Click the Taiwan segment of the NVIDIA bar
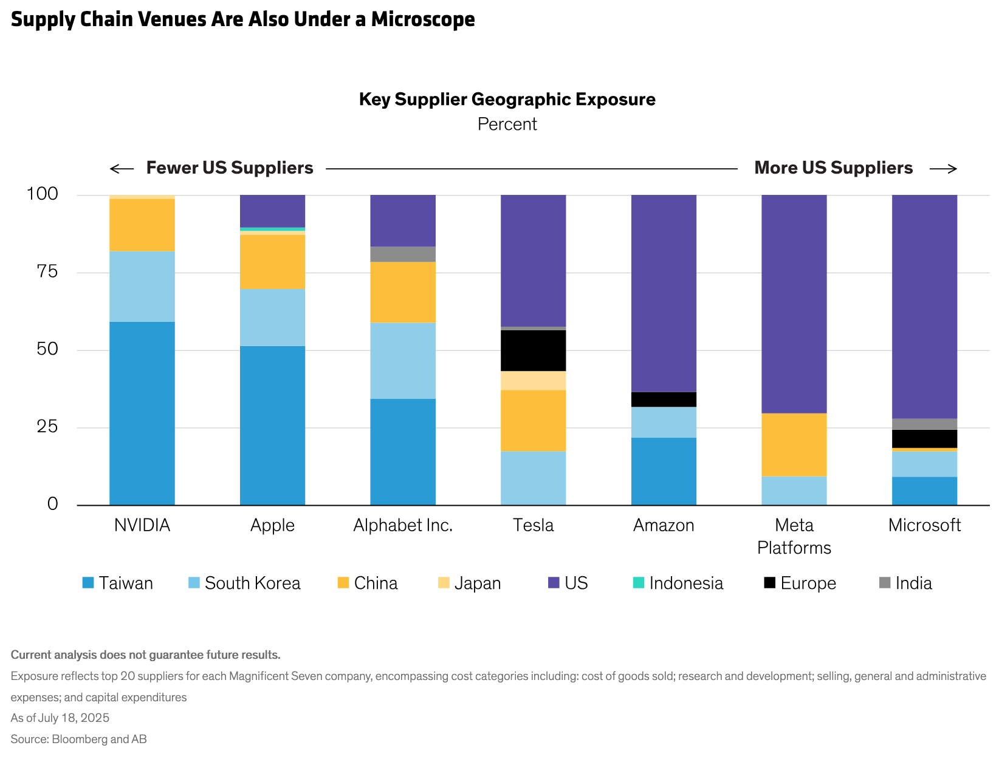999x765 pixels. tap(142, 413)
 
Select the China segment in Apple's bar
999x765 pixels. tap(272, 262)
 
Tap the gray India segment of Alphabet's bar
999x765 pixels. tap(403, 254)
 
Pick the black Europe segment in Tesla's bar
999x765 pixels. tap(533, 350)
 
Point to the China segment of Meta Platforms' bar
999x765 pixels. tap(794, 444)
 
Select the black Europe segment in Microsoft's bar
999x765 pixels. tap(924, 438)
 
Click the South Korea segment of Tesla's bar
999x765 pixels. tap(533, 478)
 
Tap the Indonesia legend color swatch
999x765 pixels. tap(638, 583)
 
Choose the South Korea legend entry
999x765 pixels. tap(252, 583)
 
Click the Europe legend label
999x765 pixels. tap(808, 583)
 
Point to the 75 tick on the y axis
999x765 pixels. tap(47, 271)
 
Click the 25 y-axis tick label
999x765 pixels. tap(47, 427)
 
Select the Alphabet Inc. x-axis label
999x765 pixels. tap(403, 525)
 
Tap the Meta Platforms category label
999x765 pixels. tap(794, 536)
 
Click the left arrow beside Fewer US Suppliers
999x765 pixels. tap(122, 168)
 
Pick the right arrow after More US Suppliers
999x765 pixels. tap(943, 168)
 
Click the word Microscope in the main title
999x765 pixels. tap(423, 19)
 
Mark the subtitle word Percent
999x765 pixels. tap(507, 124)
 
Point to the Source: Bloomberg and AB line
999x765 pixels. tap(79, 739)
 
